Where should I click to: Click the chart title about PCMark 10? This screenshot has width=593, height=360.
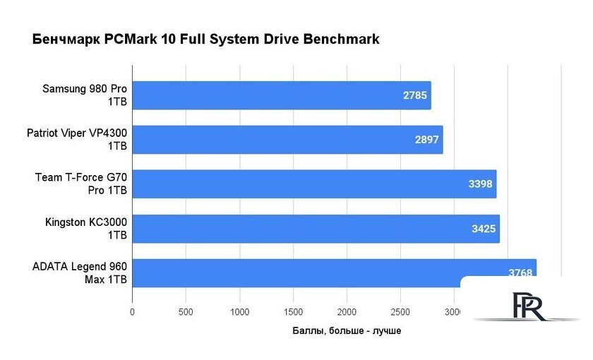point(206,40)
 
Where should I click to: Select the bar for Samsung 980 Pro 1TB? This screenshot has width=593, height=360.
point(281,95)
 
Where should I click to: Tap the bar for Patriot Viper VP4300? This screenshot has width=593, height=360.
point(287,140)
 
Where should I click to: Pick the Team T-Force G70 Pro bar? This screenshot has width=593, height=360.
point(314,184)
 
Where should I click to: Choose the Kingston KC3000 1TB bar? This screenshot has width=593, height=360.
point(316,229)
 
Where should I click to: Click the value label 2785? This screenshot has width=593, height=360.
point(414,95)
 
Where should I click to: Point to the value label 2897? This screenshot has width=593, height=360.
point(426,140)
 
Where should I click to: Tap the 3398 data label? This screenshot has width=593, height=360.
point(480,184)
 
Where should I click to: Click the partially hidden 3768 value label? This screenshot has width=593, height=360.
point(520,272)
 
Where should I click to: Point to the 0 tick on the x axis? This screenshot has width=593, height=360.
point(132,312)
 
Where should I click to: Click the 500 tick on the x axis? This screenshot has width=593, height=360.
point(186,312)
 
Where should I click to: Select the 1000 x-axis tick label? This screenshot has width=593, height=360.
point(239,312)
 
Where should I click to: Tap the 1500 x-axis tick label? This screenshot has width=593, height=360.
point(293,312)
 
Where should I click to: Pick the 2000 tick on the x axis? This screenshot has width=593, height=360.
point(347,312)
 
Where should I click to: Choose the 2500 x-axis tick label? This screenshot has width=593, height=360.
point(400,312)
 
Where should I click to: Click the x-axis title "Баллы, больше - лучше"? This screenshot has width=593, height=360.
point(346,330)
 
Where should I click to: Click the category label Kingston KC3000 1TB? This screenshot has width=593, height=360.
point(86,229)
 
